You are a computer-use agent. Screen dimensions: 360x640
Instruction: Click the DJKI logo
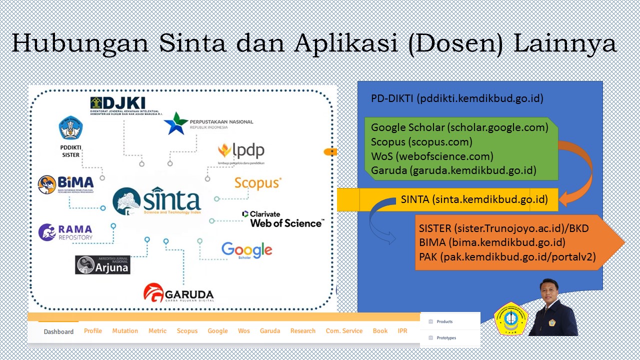pyautogui.click(x=124, y=105)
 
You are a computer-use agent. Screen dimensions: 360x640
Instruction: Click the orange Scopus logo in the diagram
pyautogui.click(x=258, y=183)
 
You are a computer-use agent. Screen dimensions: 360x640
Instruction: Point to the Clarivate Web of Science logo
pyautogui.click(x=283, y=219)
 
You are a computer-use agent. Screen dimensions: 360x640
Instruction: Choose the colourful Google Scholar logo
pyautogui.click(x=246, y=250)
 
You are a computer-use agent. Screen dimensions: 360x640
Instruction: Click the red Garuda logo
pyautogui.click(x=178, y=292)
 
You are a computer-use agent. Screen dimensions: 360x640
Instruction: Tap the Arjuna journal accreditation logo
pyautogui.click(x=102, y=265)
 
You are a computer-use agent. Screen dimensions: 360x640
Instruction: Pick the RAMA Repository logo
pyautogui.click(x=65, y=232)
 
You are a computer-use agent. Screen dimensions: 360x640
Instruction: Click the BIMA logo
pyautogui.click(x=65, y=184)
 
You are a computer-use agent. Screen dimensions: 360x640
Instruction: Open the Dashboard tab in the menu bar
pyautogui.click(x=58, y=331)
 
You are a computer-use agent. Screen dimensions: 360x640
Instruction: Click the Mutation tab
pyautogui.click(x=125, y=331)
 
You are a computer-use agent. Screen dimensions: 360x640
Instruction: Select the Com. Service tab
pyautogui.click(x=344, y=331)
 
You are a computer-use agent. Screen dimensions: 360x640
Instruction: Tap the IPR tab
pyautogui.click(x=402, y=331)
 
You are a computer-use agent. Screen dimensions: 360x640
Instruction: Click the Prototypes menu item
pyautogui.click(x=446, y=338)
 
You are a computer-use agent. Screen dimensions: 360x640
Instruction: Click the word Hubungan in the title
pyautogui.click(x=80, y=43)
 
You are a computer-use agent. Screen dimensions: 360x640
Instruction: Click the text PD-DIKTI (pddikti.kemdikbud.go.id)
pyautogui.click(x=457, y=98)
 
